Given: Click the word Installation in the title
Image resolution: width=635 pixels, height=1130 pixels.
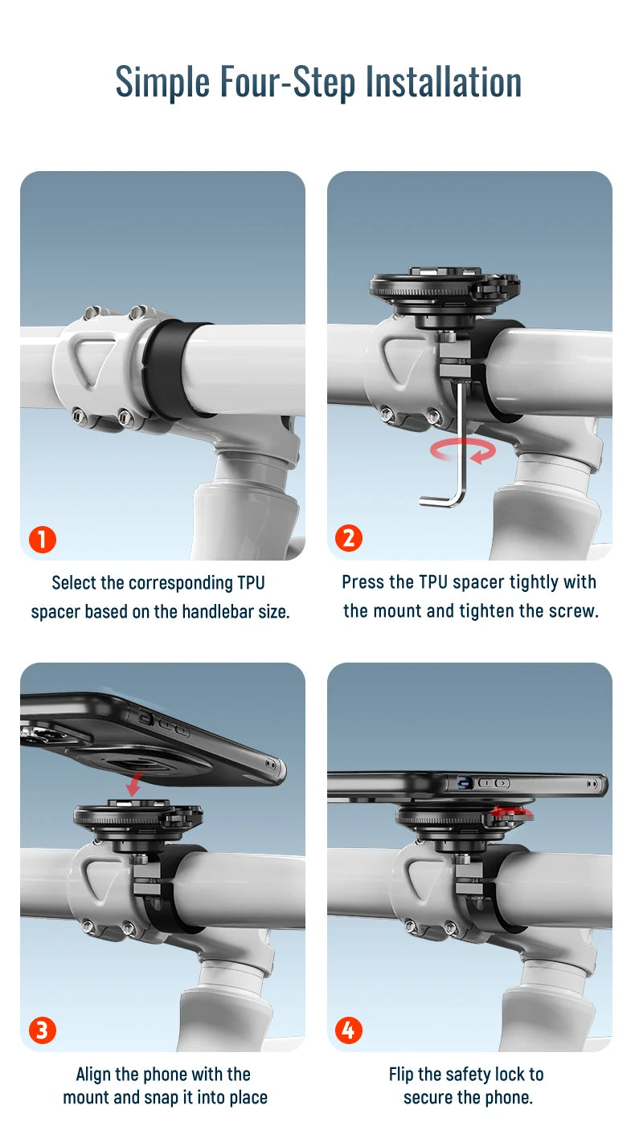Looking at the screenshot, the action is (443, 81).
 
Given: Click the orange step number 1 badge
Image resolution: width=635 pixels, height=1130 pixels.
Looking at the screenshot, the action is (43, 539).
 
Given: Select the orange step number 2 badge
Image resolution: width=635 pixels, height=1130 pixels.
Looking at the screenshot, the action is (349, 538).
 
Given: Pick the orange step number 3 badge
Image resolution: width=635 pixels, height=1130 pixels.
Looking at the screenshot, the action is (43, 1030).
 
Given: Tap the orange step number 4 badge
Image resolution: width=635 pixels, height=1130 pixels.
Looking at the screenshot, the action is (349, 1030).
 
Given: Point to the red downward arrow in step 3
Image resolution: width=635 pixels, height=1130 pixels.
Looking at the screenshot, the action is (134, 783).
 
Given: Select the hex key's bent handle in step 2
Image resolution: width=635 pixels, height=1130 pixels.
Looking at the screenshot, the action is (442, 500).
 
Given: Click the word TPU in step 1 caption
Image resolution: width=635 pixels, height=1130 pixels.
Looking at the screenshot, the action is (251, 582).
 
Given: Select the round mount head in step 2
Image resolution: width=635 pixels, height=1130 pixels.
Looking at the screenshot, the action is (445, 288).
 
